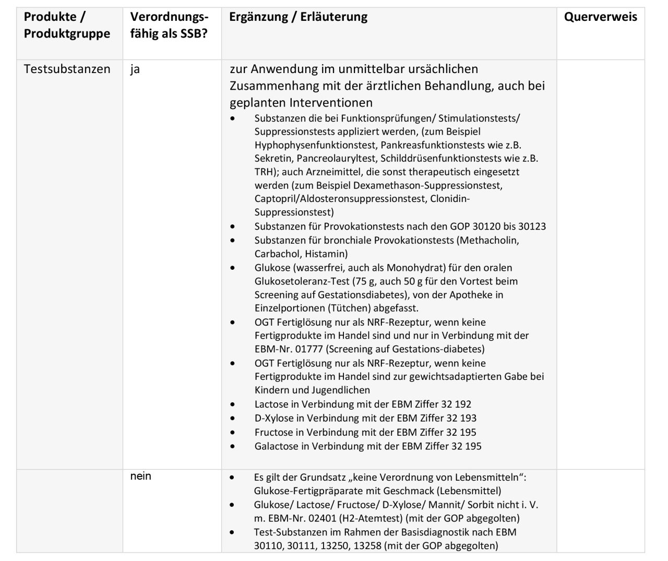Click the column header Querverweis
point(600,17)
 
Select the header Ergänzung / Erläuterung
point(298,17)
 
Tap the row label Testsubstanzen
point(67,69)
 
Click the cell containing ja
point(135,69)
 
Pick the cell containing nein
point(141,476)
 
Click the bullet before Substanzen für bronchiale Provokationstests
point(233,241)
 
